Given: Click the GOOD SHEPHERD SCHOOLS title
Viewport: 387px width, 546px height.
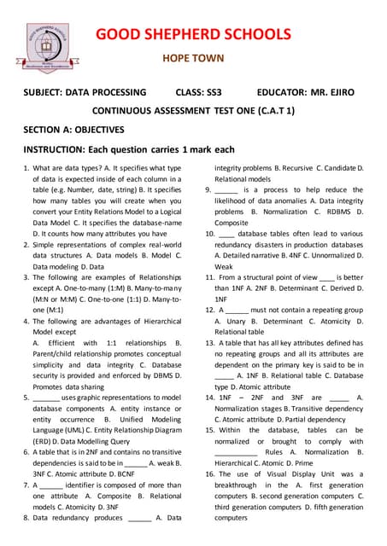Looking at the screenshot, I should coord(193,34).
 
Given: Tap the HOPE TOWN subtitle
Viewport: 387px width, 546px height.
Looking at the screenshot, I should coord(193,59).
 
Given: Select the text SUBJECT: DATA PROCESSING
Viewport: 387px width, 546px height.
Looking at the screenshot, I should coord(85,92).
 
